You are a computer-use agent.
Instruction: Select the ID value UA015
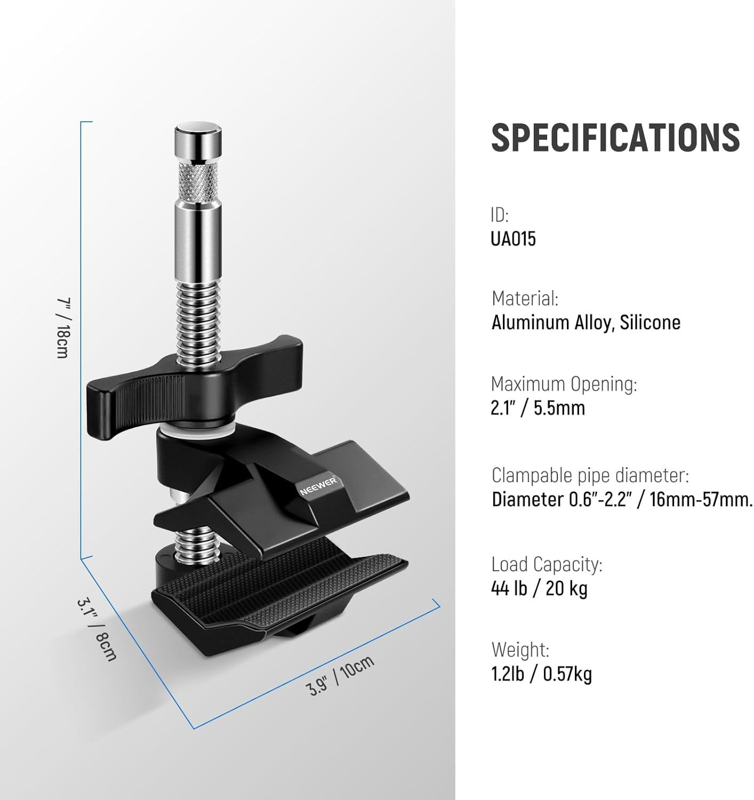(x=513, y=238)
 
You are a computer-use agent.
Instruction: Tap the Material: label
(x=525, y=298)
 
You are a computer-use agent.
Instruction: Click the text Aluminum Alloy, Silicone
(x=585, y=323)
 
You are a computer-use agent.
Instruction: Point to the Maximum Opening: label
(x=564, y=383)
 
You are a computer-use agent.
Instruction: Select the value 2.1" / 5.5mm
(x=538, y=408)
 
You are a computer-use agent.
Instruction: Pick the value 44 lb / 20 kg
(x=539, y=588)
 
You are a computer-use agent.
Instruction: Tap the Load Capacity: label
(x=547, y=564)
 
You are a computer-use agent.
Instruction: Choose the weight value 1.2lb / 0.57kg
(x=541, y=674)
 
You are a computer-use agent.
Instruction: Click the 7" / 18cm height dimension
(x=63, y=327)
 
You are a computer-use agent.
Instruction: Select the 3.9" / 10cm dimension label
(x=341, y=675)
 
